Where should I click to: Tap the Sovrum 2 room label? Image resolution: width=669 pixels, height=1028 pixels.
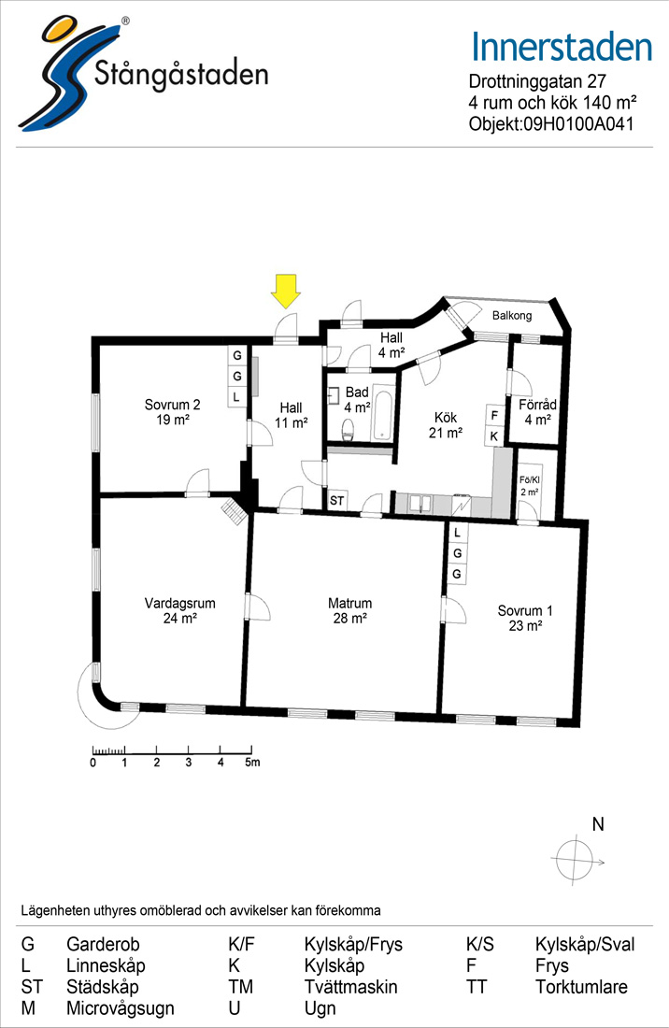click(172, 412)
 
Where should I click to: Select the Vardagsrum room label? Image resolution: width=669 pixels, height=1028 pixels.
click(179, 610)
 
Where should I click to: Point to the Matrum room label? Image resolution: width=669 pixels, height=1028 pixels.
click(349, 610)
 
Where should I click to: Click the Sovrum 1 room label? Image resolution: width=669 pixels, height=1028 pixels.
click(525, 619)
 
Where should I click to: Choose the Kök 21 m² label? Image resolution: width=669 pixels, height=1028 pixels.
click(446, 425)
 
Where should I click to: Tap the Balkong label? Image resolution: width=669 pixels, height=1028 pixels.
click(512, 315)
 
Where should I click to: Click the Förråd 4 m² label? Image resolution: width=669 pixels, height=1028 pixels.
click(537, 412)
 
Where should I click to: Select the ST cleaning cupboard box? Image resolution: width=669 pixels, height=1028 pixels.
click(336, 501)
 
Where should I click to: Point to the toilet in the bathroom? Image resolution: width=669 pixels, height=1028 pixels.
click(348, 431)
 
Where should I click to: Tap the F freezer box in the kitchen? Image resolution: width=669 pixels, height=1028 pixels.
click(494, 416)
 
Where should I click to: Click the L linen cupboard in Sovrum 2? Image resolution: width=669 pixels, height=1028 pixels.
click(236, 397)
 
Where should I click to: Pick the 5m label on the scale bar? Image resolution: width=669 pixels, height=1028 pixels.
click(252, 763)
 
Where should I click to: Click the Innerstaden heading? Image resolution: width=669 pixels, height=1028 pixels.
click(562, 48)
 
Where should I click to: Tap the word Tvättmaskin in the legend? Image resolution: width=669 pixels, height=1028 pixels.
click(350, 987)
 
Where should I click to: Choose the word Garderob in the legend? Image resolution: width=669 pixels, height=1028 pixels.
click(103, 945)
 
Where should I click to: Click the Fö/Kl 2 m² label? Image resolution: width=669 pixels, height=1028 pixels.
click(530, 486)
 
